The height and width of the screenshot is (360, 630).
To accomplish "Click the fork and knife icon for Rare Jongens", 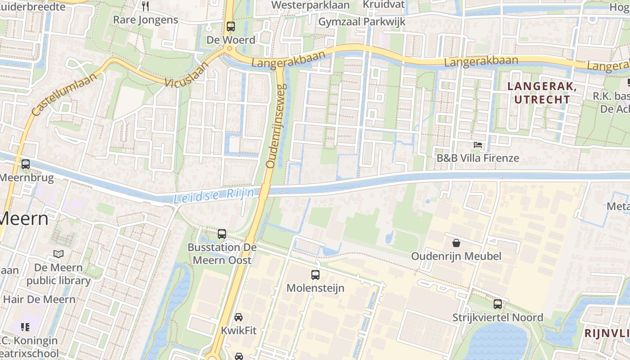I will tap(145, 6).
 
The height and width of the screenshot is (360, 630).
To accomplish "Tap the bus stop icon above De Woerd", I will tap(231, 27).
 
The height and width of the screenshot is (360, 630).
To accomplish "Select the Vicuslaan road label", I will tap(187, 75).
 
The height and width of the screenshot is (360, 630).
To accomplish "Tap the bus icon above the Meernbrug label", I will tap(26, 164).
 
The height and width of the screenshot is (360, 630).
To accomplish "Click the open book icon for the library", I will tap(58, 254).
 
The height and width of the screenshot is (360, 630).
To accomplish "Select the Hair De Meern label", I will tap(39, 299).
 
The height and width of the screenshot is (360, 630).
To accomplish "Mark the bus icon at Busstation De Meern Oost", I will tap(222, 234).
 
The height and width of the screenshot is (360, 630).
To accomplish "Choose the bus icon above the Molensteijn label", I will tap(315, 274).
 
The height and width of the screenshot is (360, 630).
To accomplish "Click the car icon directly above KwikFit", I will tap(238, 317).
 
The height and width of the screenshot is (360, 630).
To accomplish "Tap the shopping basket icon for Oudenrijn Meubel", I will tap(456, 243).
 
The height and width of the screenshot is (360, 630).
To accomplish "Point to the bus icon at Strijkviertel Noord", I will tap(498, 304).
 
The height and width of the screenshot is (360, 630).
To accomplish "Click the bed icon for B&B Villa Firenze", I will tap(478, 145).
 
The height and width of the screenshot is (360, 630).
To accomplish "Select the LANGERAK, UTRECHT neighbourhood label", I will tap(542, 93).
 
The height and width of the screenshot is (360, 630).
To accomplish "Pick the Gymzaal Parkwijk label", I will tap(362, 22).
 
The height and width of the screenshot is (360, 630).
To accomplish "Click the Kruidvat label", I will tap(384, 4).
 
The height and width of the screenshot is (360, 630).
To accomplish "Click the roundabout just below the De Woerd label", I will tap(229, 48).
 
